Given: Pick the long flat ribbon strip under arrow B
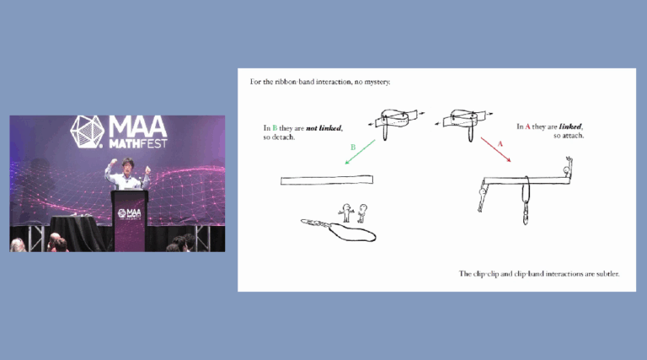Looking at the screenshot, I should [x=327, y=180].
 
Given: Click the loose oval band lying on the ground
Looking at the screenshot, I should [x=348, y=230].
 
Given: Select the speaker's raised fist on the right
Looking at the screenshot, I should [x=147, y=170].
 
